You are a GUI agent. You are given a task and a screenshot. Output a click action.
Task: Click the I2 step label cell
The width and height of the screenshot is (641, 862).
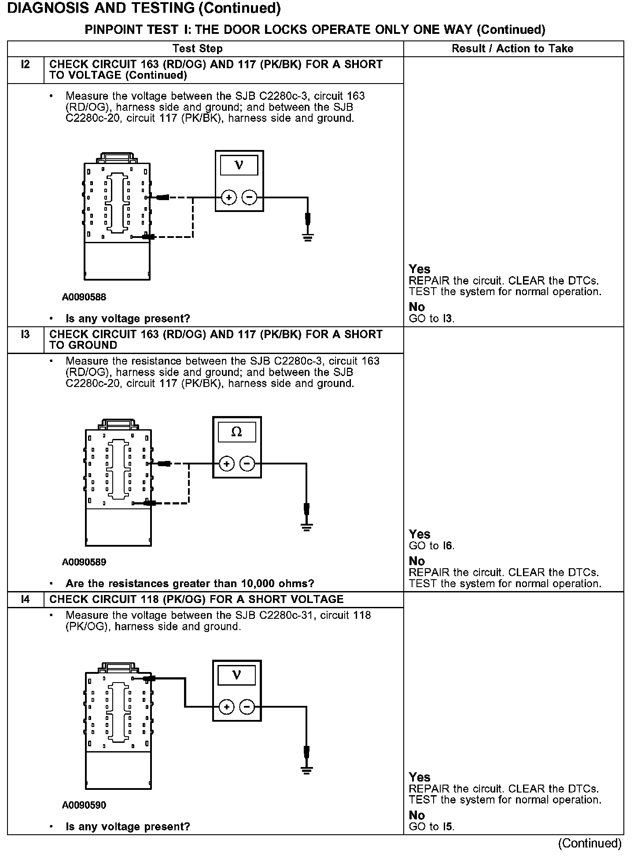[x=26, y=65]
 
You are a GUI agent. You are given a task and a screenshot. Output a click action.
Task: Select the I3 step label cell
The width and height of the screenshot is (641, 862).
[x=26, y=335]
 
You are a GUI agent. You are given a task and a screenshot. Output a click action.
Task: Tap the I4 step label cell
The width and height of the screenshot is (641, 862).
[x=26, y=599]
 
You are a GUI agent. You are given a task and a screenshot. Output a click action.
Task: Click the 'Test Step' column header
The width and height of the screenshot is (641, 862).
[x=198, y=48]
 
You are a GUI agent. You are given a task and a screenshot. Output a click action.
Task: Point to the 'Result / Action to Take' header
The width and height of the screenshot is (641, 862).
[x=512, y=48]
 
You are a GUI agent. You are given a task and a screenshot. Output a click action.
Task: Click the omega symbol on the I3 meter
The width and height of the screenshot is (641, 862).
[x=236, y=432]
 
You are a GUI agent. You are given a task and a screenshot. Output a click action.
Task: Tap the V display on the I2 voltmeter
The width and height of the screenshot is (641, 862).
[x=239, y=165]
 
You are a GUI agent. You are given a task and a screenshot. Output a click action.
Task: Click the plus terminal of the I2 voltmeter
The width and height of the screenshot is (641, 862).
[x=228, y=198]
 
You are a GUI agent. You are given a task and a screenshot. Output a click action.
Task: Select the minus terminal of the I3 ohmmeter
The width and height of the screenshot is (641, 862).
[x=247, y=464]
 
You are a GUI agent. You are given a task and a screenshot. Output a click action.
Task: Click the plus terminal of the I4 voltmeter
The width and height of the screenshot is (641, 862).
[x=226, y=707]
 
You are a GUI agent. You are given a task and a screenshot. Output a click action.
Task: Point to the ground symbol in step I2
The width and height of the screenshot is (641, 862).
[x=308, y=238]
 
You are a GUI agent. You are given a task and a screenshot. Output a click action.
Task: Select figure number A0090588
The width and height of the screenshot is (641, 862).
[x=84, y=297]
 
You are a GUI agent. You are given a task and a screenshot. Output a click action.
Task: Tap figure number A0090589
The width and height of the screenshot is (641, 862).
[x=84, y=562]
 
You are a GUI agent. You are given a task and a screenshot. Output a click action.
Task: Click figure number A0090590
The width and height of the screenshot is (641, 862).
[x=84, y=805]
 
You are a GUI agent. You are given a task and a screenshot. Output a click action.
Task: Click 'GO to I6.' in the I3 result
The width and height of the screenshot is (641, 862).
[x=431, y=546]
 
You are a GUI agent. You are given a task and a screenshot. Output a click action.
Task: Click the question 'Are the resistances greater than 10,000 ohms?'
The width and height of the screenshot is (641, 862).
[x=190, y=584]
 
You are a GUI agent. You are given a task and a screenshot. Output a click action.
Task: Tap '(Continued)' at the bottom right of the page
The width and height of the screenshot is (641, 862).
[x=589, y=843]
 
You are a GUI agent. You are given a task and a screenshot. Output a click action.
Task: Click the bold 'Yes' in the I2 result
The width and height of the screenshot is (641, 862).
[x=420, y=269]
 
